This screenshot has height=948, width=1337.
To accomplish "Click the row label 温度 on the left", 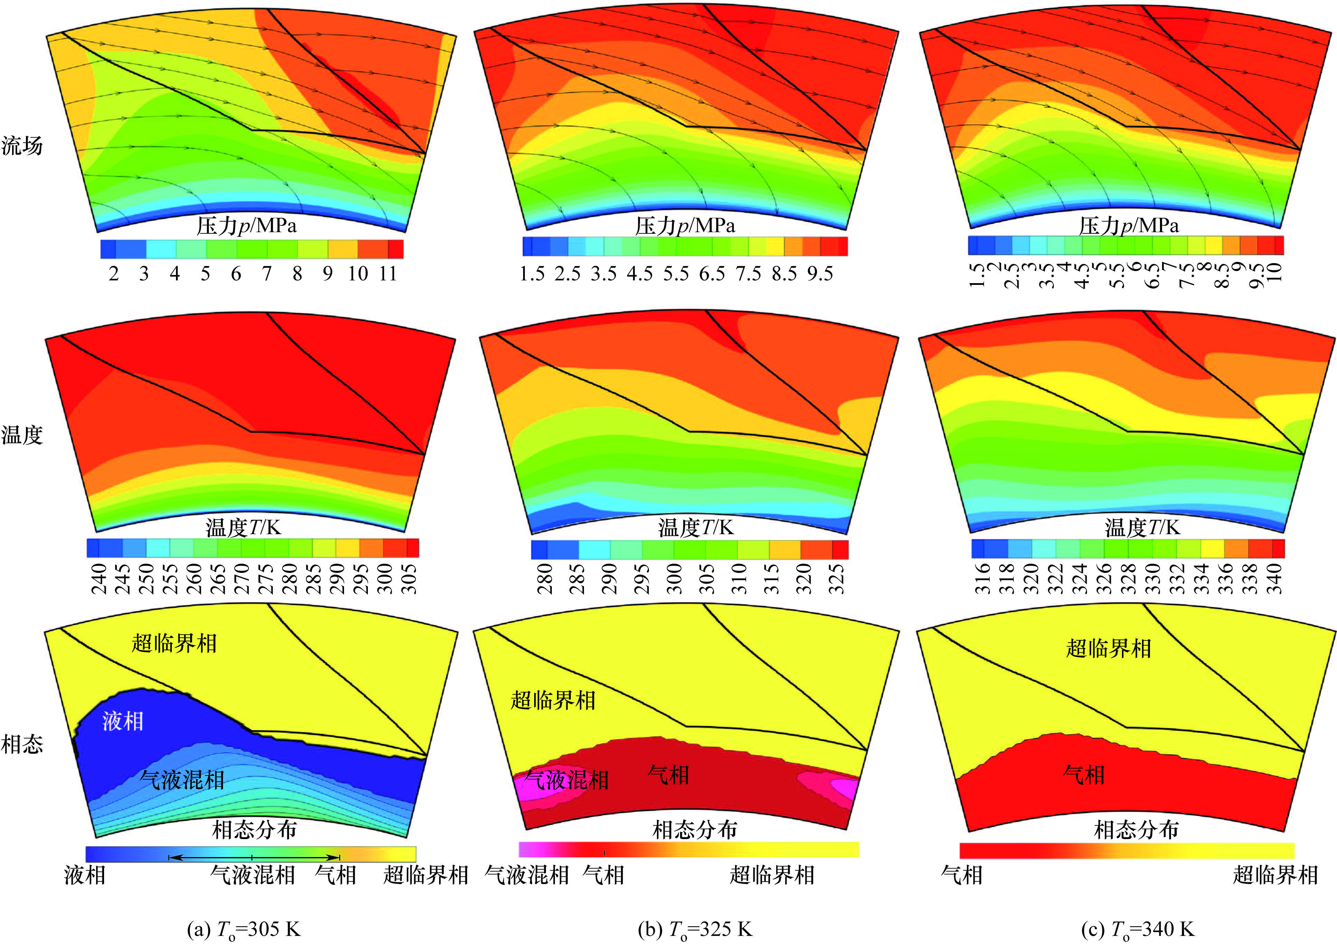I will pos(22,435).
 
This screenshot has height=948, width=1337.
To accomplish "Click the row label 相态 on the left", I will pos(22,744).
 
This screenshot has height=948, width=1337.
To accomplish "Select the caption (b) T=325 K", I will pos(695,928).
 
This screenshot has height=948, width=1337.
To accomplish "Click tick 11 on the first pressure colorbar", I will pos(388,273).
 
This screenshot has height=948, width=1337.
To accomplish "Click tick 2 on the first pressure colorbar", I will pos(114,273).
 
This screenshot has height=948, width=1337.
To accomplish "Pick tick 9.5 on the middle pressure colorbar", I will pos(820,273).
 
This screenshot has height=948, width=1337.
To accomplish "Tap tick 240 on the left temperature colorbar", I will pos(99,578).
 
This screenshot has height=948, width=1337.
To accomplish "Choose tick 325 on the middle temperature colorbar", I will pos(837,578).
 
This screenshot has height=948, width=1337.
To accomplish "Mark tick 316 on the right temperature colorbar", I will pos(983,578).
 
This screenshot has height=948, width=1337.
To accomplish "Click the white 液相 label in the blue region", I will pos(122,722).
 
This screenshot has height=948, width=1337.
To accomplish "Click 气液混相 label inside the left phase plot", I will pos(182,780).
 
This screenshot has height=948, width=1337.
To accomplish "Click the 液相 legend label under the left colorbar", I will pos(85,875).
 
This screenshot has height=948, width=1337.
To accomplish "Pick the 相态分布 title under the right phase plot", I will pos(1136,829).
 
